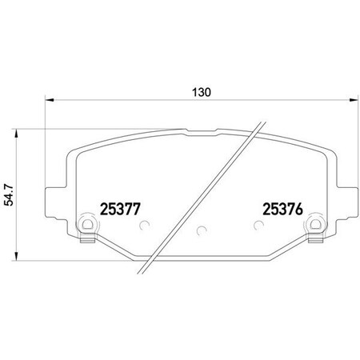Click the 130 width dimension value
point(201,92)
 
